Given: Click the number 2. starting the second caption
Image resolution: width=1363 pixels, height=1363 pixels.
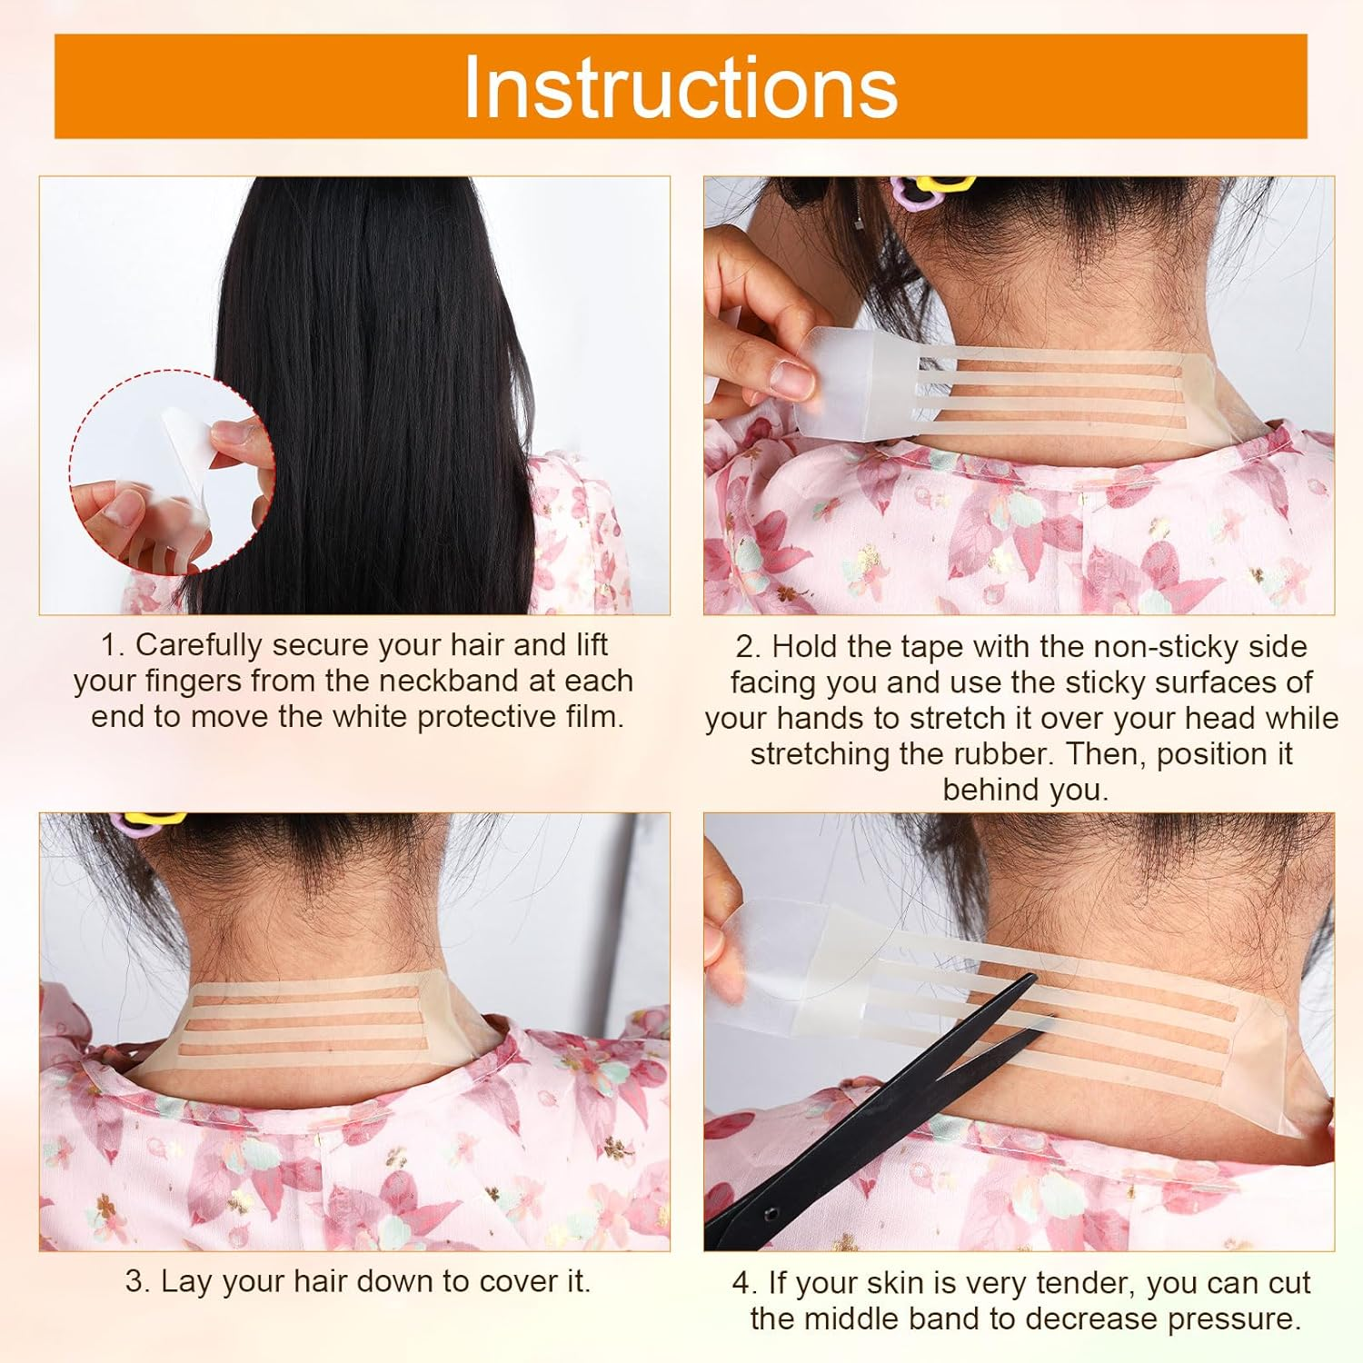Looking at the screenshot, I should pyautogui.click(x=747, y=647).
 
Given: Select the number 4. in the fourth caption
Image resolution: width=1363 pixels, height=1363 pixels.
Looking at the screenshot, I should pyautogui.click(x=744, y=1283).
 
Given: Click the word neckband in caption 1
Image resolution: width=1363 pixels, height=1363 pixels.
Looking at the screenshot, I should pyautogui.click(x=454, y=681).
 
